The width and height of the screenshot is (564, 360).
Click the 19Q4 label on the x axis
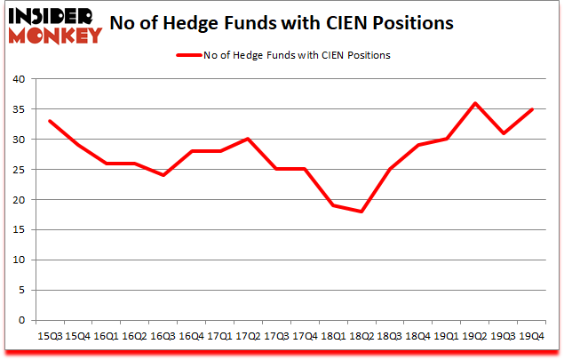[x=531, y=335]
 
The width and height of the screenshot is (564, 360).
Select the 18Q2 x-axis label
[x=361, y=335]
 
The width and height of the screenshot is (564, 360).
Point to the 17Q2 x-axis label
[x=247, y=335]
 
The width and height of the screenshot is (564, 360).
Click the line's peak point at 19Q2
[x=474, y=102]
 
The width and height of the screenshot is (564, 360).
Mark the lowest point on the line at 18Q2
[x=361, y=212]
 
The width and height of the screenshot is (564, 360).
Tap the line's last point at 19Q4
[x=531, y=108]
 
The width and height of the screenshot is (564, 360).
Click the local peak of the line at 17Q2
[x=247, y=139]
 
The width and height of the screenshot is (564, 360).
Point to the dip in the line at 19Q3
[x=503, y=132]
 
